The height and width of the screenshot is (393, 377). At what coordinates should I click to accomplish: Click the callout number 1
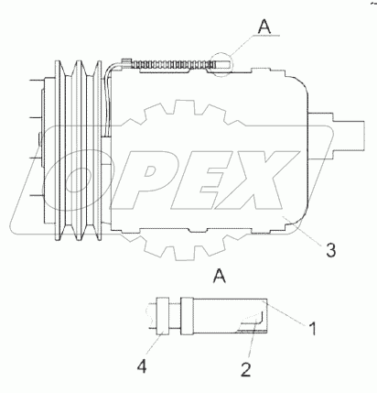(x=313, y=328)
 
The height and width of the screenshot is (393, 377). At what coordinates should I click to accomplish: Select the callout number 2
(x=246, y=369)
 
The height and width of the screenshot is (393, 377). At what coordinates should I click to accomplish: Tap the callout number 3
(x=330, y=250)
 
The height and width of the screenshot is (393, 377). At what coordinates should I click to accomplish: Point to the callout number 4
(x=142, y=366)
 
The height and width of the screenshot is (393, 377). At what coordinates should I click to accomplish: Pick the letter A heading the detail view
(x=220, y=276)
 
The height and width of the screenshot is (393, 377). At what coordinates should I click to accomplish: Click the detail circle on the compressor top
(x=221, y=64)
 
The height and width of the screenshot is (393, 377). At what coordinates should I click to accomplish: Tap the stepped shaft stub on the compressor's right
(x=337, y=135)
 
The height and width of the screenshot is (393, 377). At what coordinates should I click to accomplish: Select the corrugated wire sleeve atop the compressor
(x=173, y=64)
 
